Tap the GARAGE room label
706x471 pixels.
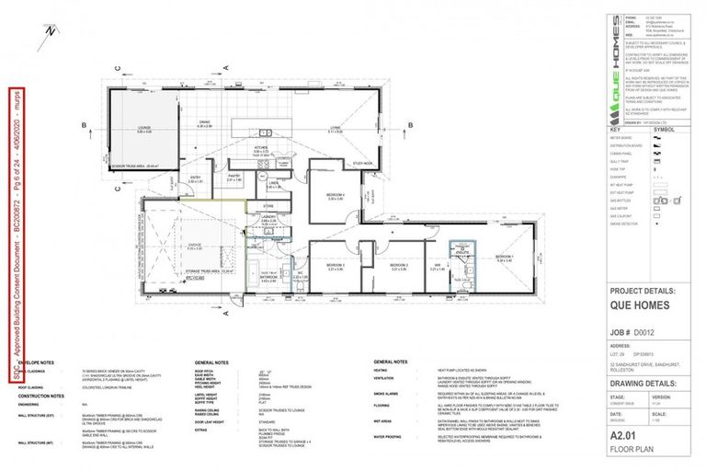pos(194,245)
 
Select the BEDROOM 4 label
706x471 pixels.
pos(334,196)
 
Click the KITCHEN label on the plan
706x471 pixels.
pos(260,149)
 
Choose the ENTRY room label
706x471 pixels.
pos(195,178)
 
